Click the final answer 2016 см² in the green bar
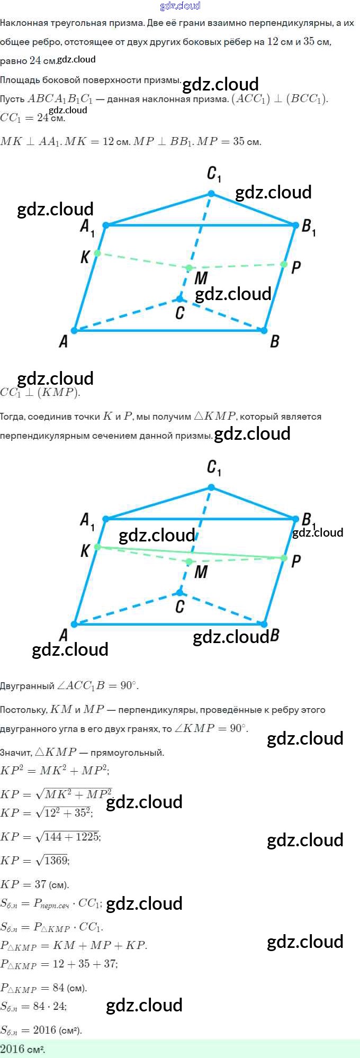(x=22, y=1049)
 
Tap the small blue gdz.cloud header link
(x=180, y=6)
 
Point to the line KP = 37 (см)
(x=34, y=884)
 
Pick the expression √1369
(x=52, y=861)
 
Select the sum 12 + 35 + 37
(x=85, y=964)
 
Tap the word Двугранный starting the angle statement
(x=27, y=686)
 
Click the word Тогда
(x=12, y=417)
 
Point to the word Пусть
(x=12, y=99)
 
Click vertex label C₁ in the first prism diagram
(x=214, y=174)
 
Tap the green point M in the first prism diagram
(x=189, y=268)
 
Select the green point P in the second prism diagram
(x=284, y=558)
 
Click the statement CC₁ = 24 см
(x=32, y=118)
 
